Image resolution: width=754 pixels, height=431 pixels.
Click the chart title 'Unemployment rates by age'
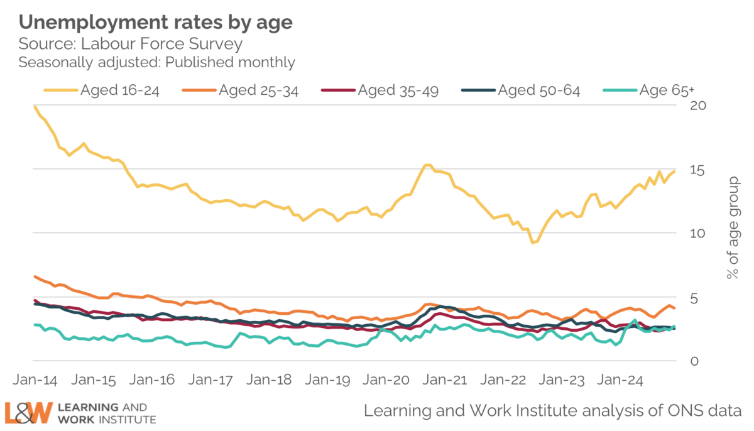click(x=156, y=23)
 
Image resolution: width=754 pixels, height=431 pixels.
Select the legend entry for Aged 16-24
click(x=101, y=90)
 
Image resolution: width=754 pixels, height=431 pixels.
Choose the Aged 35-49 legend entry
click(x=380, y=90)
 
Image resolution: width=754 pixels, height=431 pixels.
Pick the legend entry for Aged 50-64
click(x=521, y=90)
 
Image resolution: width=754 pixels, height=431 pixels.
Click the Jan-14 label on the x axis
click(x=35, y=381)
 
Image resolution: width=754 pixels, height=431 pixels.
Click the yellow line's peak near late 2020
click(x=427, y=165)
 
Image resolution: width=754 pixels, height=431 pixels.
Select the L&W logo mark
click(x=29, y=413)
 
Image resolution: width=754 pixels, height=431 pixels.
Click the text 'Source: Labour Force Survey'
click(x=130, y=44)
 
